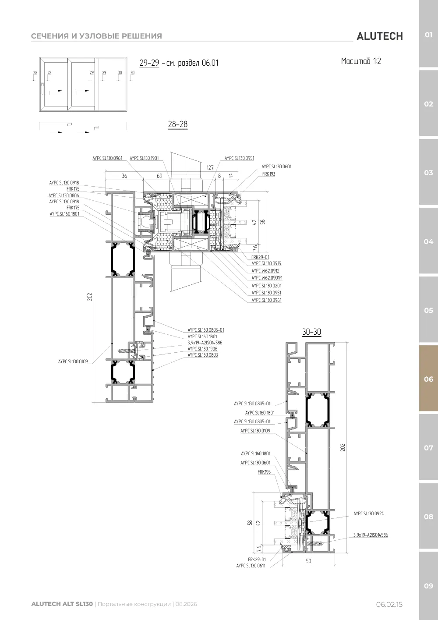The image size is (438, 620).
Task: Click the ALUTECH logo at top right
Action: [380, 36]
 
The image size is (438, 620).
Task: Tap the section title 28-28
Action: [178, 124]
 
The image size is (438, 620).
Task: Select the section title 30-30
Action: [311, 332]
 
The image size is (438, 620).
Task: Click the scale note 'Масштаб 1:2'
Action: [361, 61]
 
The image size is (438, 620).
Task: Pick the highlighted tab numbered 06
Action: [428, 379]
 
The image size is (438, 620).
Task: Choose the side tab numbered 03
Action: [428, 173]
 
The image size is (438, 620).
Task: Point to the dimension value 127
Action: [210, 167]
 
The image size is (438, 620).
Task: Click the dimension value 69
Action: [159, 176]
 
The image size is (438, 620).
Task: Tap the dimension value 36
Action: [124, 176]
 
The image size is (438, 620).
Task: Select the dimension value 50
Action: [308, 561]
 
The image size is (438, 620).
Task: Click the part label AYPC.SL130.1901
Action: [144, 158]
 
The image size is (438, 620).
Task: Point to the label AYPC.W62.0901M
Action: [267, 278]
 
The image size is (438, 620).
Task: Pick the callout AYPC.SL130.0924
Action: [368, 514]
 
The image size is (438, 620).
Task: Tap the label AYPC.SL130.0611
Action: [251, 566]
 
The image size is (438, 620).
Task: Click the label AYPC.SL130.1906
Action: [202, 349]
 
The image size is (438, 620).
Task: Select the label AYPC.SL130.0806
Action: [64, 195]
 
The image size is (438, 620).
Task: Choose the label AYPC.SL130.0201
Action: [266, 285]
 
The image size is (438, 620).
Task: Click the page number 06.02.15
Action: [389, 605]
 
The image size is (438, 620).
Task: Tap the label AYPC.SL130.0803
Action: [202, 355]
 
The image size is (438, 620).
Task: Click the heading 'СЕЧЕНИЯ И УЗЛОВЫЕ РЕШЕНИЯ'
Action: [96, 36]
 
